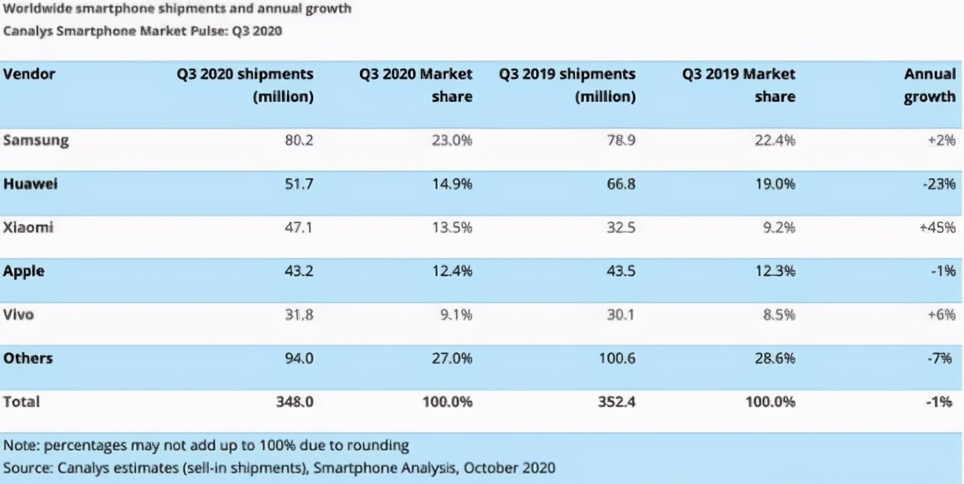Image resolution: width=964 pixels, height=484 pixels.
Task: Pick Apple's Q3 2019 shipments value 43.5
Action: coord(621,270)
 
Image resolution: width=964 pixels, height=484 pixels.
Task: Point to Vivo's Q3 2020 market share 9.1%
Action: coord(455,313)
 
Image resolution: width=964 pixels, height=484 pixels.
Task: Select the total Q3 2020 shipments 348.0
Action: coord(295,402)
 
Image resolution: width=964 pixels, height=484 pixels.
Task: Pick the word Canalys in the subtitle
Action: coord(27,32)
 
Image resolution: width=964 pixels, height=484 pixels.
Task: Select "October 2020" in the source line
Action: coord(510,467)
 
